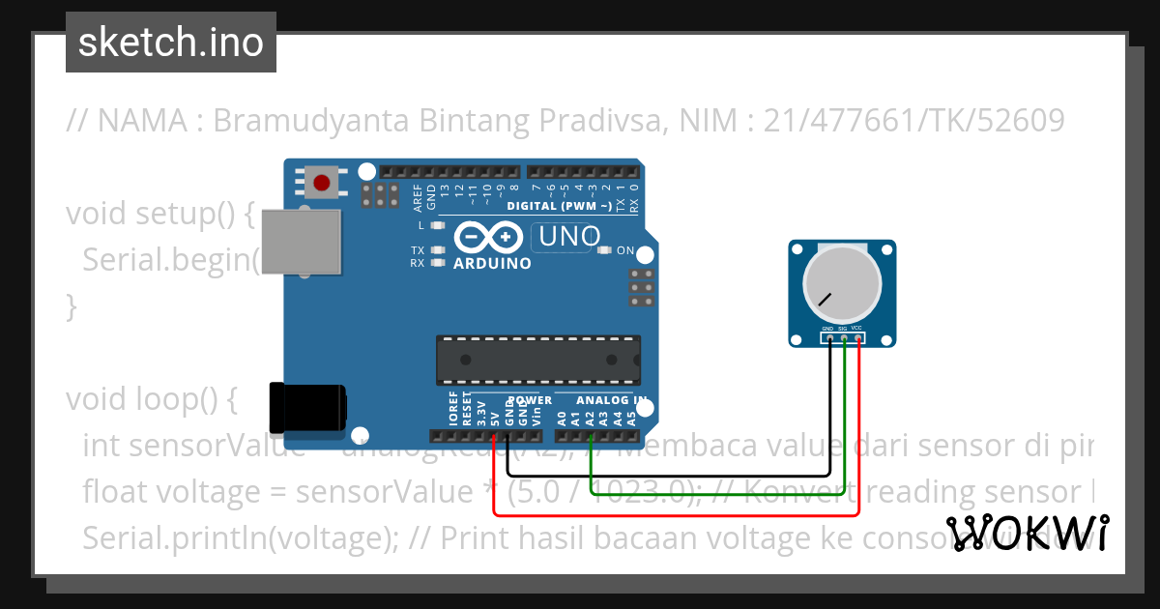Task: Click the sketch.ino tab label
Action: tap(170, 43)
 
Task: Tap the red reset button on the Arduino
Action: tap(323, 181)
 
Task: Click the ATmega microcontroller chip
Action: tap(537, 360)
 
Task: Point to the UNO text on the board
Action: tap(569, 236)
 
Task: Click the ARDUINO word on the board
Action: tap(492, 263)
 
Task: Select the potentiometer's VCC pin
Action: tap(857, 337)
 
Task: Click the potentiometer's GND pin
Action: tap(828, 337)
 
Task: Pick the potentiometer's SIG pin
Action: tap(843, 337)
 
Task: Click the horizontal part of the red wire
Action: tap(677, 514)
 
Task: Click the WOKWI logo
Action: tap(1028, 533)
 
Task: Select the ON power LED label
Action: tap(624, 251)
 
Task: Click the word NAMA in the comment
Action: tap(143, 121)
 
